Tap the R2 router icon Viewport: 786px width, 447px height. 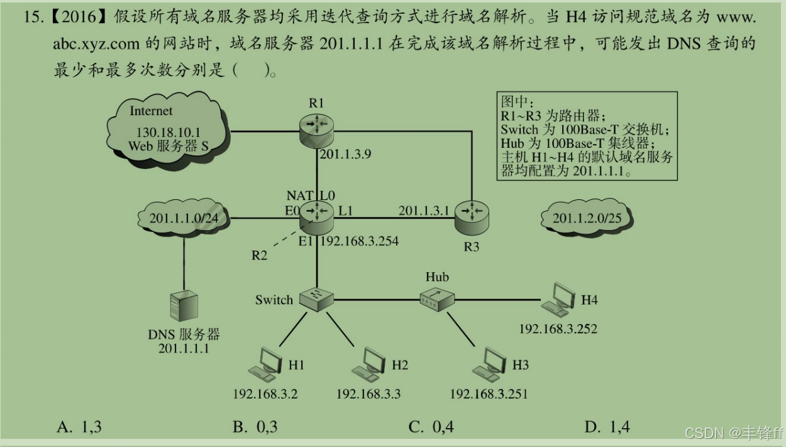[316, 213]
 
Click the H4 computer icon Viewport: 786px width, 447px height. [560, 299]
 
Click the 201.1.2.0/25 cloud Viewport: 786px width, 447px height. [586, 218]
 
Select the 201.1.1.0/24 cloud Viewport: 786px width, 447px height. [183, 218]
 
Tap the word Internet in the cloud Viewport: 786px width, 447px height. [151, 111]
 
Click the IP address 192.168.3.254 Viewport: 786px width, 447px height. [360, 241]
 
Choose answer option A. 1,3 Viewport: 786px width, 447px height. [79, 428]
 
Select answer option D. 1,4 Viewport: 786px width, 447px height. [607, 428]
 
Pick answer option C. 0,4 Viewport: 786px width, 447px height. [431, 428]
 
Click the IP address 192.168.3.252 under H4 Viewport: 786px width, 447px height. [558, 329]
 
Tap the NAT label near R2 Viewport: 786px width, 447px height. [299, 196]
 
